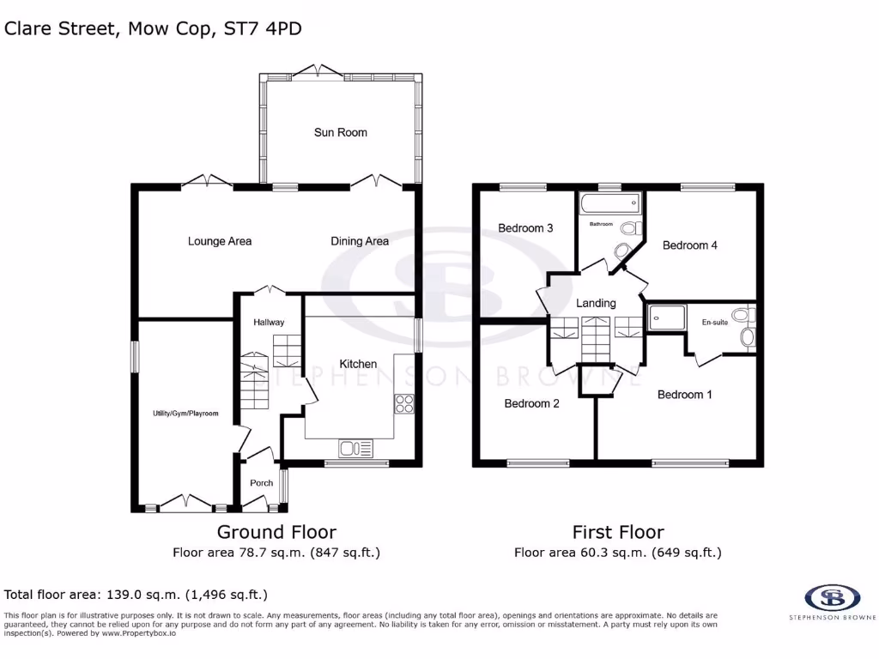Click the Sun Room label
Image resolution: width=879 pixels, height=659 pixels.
pyautogui.click(x=340, y=132)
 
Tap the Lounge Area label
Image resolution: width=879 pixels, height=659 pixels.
pyautogui.click(x=220, y=241)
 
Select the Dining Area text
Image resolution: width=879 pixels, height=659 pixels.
pyautogui.click(x=360, y=241)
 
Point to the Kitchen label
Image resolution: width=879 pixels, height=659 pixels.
pyautogui.click(x=358, y=364)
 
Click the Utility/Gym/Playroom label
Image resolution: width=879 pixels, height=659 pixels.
pyautogui.click(x=185, y=414)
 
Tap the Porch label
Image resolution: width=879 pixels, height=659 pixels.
pyautogui.click(x=261, y=483)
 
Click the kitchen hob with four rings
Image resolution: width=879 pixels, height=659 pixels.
pyautogui.click(x=404, y=403)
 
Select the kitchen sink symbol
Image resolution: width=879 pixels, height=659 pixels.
pyautogui.click(x=355, y=447)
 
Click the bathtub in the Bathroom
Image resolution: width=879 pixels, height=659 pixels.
pyautogui.click(x=609, y=204)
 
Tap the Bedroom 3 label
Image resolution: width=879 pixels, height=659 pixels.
pyautogui.click(x=525, y=228)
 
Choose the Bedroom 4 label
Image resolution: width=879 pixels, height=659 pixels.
pyautogui.click(x=689, y=245)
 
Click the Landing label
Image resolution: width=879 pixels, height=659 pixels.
pyautogui.click(x=596, y=303)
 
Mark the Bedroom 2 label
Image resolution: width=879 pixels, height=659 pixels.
pyautogui.click(x=531, y=403)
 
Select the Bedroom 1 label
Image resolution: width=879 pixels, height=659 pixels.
pyautogui.click(x=684, y=395)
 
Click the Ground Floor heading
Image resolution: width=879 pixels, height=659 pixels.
pyautogui.click(x=276, y=532)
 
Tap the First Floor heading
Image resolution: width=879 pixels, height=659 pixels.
pyautogui.click(x=618, y=532)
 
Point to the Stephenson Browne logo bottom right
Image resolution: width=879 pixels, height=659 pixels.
pyautogui.click(x=832, y=599)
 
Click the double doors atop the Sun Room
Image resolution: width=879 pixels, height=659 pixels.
pyautogui.click(x=318, y=70)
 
